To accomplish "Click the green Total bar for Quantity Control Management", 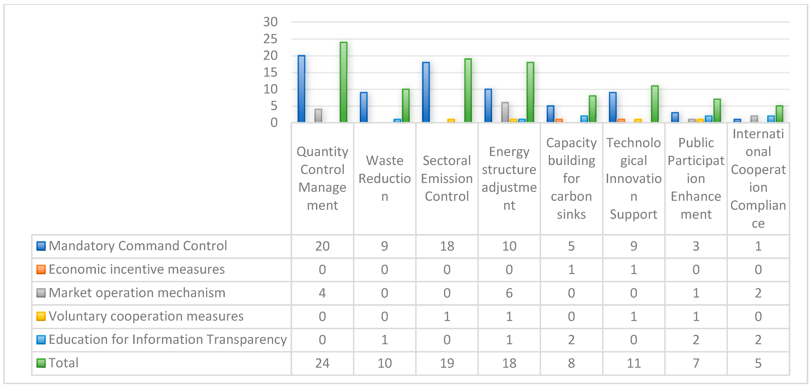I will coord(344,82).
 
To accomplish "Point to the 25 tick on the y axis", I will coord(270,39).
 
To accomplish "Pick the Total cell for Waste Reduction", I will coord(384,363).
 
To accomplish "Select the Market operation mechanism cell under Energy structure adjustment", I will coord(509,293).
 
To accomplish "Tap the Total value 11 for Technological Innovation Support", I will coord(634,363).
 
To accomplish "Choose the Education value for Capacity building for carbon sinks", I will coord(571,340).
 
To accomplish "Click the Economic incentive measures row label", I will coord(137,270).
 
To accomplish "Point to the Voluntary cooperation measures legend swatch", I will coord(41,316).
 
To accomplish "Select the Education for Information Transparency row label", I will coord(168,340).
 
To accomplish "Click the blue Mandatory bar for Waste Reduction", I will coord(364,107).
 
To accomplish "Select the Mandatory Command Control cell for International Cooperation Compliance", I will coord(758,246).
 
